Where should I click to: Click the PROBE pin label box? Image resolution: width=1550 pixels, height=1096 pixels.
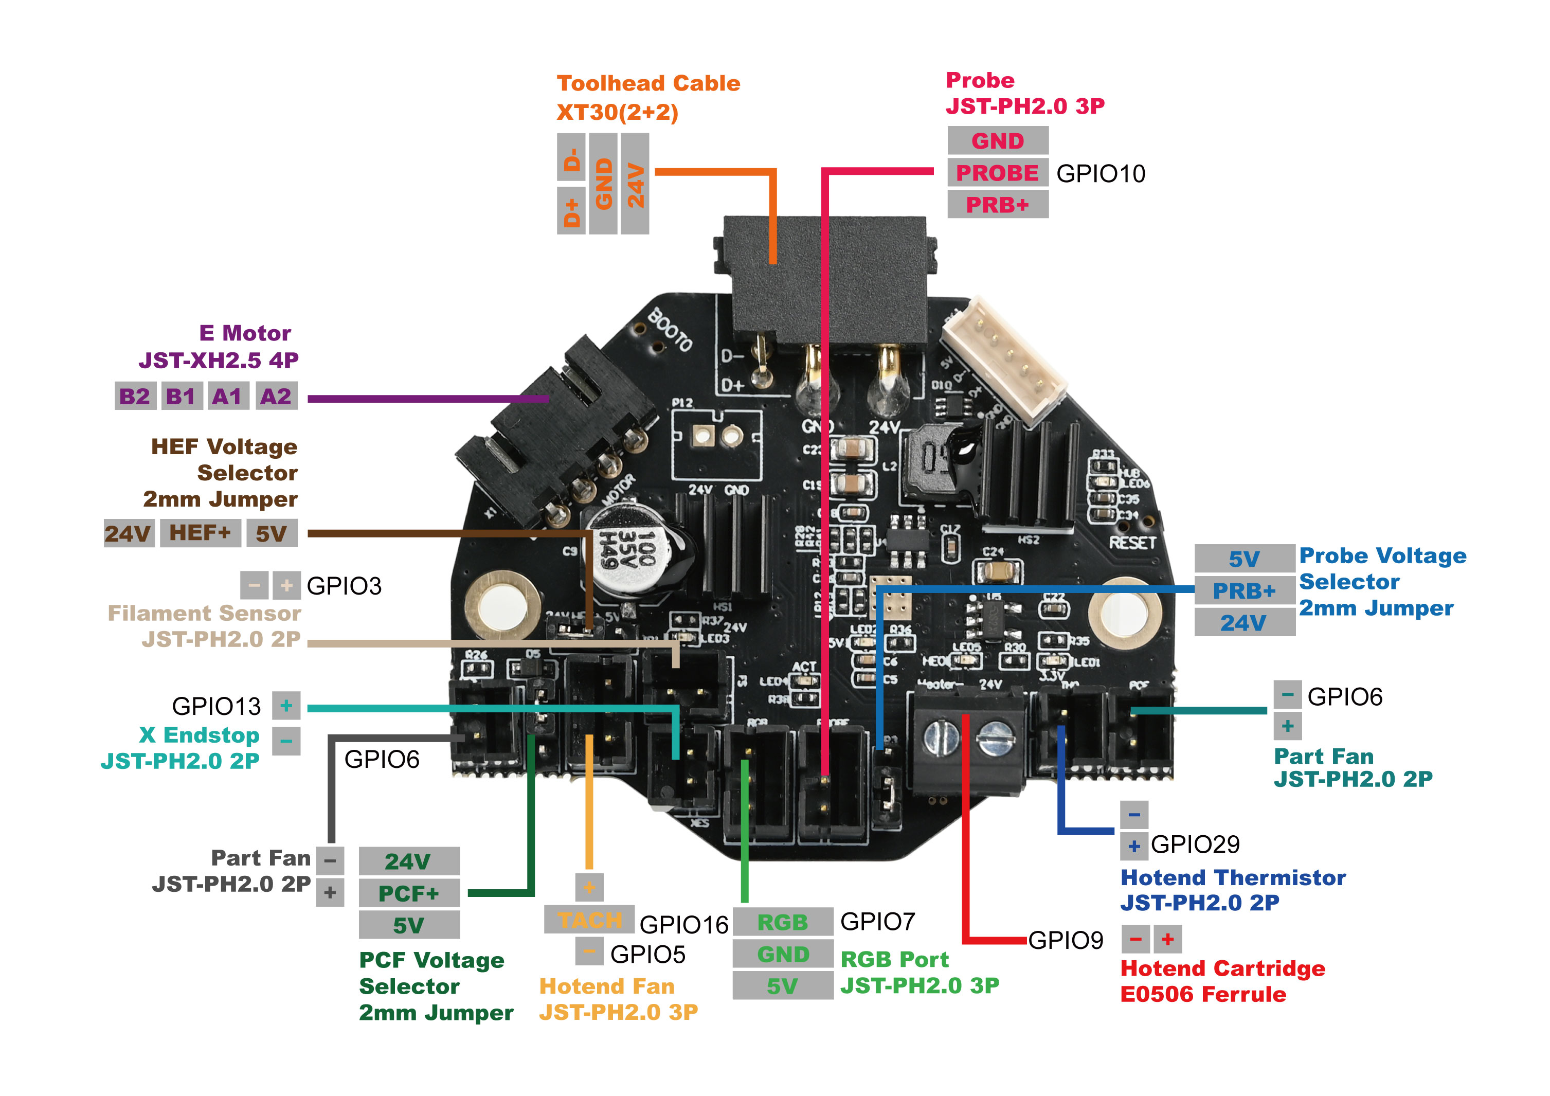click(997, 173)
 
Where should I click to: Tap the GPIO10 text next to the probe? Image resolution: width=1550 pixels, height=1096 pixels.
click(1101, 173)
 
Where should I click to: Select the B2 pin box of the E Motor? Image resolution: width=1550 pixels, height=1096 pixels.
click(134, 397)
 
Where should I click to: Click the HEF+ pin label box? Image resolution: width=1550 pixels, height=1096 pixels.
click(200, 533)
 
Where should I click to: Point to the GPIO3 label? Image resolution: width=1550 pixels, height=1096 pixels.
click(344, 585)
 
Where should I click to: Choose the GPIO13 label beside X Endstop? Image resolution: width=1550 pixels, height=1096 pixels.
click(216, 706)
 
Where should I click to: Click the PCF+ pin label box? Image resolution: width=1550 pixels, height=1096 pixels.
click(408, 893)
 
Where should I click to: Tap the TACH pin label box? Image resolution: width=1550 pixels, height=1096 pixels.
click(589, 920)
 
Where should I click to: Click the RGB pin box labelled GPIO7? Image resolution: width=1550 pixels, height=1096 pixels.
click(782, 922)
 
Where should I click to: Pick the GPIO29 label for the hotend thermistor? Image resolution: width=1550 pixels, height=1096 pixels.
click(1195, 844)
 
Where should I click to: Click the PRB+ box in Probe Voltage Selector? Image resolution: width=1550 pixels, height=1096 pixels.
click(1243, 591)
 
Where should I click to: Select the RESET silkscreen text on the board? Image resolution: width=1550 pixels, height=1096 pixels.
click(1132, 542)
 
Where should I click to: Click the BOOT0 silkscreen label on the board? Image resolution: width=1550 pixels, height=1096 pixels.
click(670, 330)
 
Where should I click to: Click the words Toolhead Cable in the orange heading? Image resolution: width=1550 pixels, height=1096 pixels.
click(648, 83)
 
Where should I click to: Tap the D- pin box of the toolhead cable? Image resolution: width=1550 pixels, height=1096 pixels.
click(571, 157)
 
